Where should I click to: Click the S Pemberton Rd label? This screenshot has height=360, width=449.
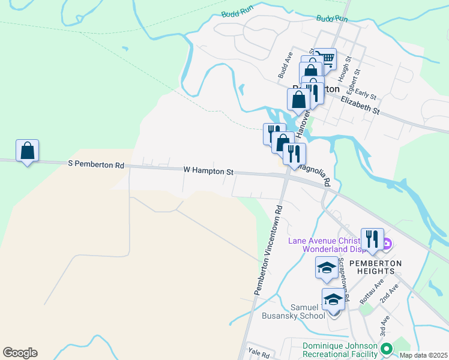click(x=96, y=164)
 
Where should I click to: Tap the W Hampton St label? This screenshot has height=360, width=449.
click(x=209, y=171)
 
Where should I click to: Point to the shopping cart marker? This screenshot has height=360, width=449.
click(x=325, y=59)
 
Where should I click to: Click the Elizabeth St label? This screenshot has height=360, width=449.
click(x=360, y=107)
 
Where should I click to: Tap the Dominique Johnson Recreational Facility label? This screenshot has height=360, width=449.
click(x=340, y=351)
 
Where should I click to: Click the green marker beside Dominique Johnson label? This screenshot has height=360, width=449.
click(x=387, y=348)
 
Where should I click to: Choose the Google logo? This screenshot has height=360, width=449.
click(x=20, y=353)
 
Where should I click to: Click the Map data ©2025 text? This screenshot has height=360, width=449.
click(x=423, y=355)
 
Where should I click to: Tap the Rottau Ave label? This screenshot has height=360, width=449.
click(x=371, y=290)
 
